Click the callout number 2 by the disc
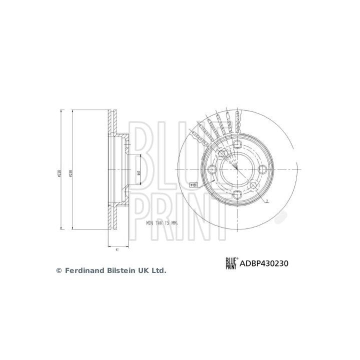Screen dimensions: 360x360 pos(268,201)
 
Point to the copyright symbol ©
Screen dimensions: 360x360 pos(58,270)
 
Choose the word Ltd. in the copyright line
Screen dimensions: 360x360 pos(158,270)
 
